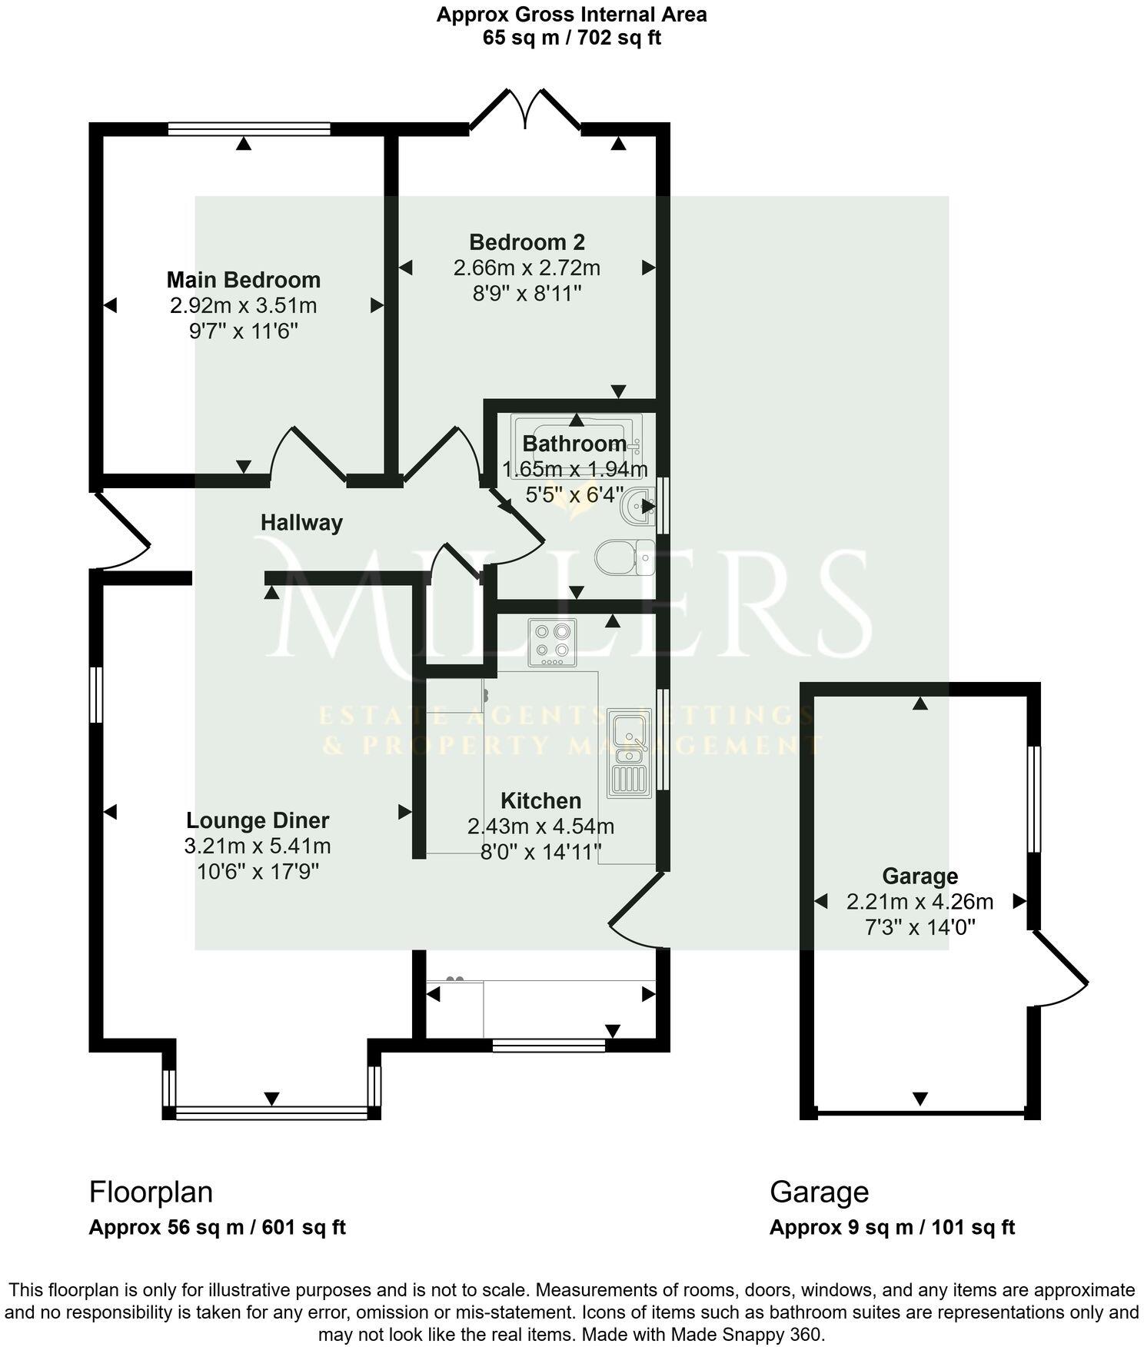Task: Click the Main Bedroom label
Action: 244,280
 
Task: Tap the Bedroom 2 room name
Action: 527,243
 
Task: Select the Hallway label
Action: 301,523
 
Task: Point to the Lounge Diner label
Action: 258,821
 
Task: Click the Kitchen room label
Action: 540,801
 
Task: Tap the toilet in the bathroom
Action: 624,557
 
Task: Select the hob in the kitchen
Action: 552,642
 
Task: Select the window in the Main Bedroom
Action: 249,129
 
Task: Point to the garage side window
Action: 1034,799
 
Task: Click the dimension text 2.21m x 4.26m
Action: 920,902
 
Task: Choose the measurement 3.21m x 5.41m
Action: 258,846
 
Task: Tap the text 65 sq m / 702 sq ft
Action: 571,38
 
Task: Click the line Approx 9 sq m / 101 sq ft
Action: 892,1227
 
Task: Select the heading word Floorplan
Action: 151,1192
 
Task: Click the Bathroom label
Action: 574,444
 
